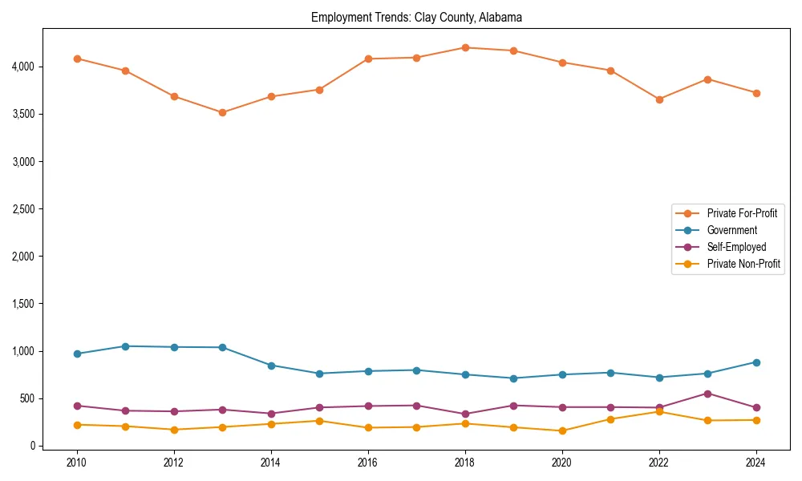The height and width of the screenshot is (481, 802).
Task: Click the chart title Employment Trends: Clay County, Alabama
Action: coord(416,17)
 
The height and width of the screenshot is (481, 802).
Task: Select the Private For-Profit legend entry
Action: coord(741,213)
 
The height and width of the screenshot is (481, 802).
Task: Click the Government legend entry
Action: coord(731,230)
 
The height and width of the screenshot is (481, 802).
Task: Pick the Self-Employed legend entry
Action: coord(736,247)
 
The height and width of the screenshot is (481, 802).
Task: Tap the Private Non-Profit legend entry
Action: coord(743,264)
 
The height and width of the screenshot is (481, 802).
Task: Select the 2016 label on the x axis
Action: coord(368,463)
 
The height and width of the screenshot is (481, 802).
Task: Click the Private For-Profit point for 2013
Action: coord(222,112)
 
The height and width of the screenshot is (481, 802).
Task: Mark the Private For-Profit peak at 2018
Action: coord(465,47)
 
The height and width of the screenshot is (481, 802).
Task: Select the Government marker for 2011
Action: coord(125,346)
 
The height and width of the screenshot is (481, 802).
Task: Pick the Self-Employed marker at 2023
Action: coord(707,394)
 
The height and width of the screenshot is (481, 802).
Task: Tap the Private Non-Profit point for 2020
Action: coord(562,430)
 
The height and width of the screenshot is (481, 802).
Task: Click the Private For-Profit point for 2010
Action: coord(77,59)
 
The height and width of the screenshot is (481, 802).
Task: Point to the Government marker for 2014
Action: coord(271,366)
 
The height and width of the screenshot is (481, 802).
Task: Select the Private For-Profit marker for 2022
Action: coord(659,99)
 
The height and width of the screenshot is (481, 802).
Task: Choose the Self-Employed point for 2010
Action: coord(77,406)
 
